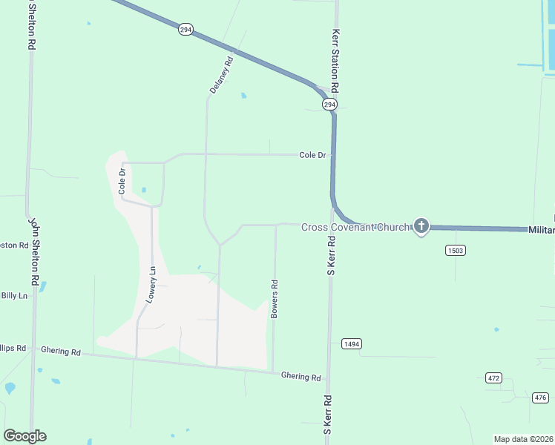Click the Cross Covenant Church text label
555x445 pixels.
coord(355,226)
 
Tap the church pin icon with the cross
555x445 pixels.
coord(421,225)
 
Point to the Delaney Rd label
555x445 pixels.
coord(221,73)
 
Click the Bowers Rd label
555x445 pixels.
coord(275,299)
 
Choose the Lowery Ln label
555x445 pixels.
coord(152,284)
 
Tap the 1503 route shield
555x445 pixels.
coord(456,251)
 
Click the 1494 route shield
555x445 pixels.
coord(352,343)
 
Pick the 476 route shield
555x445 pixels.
coord(540,398)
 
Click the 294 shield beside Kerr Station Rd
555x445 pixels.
coord(329,105)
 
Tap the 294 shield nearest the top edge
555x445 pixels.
coord(185,29)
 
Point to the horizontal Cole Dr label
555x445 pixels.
coord(312,155)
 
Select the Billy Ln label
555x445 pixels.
coord(14,295)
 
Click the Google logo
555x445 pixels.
coord(24,436)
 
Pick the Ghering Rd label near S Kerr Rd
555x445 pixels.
coord(301,377)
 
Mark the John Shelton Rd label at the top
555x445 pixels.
coord(33,24)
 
